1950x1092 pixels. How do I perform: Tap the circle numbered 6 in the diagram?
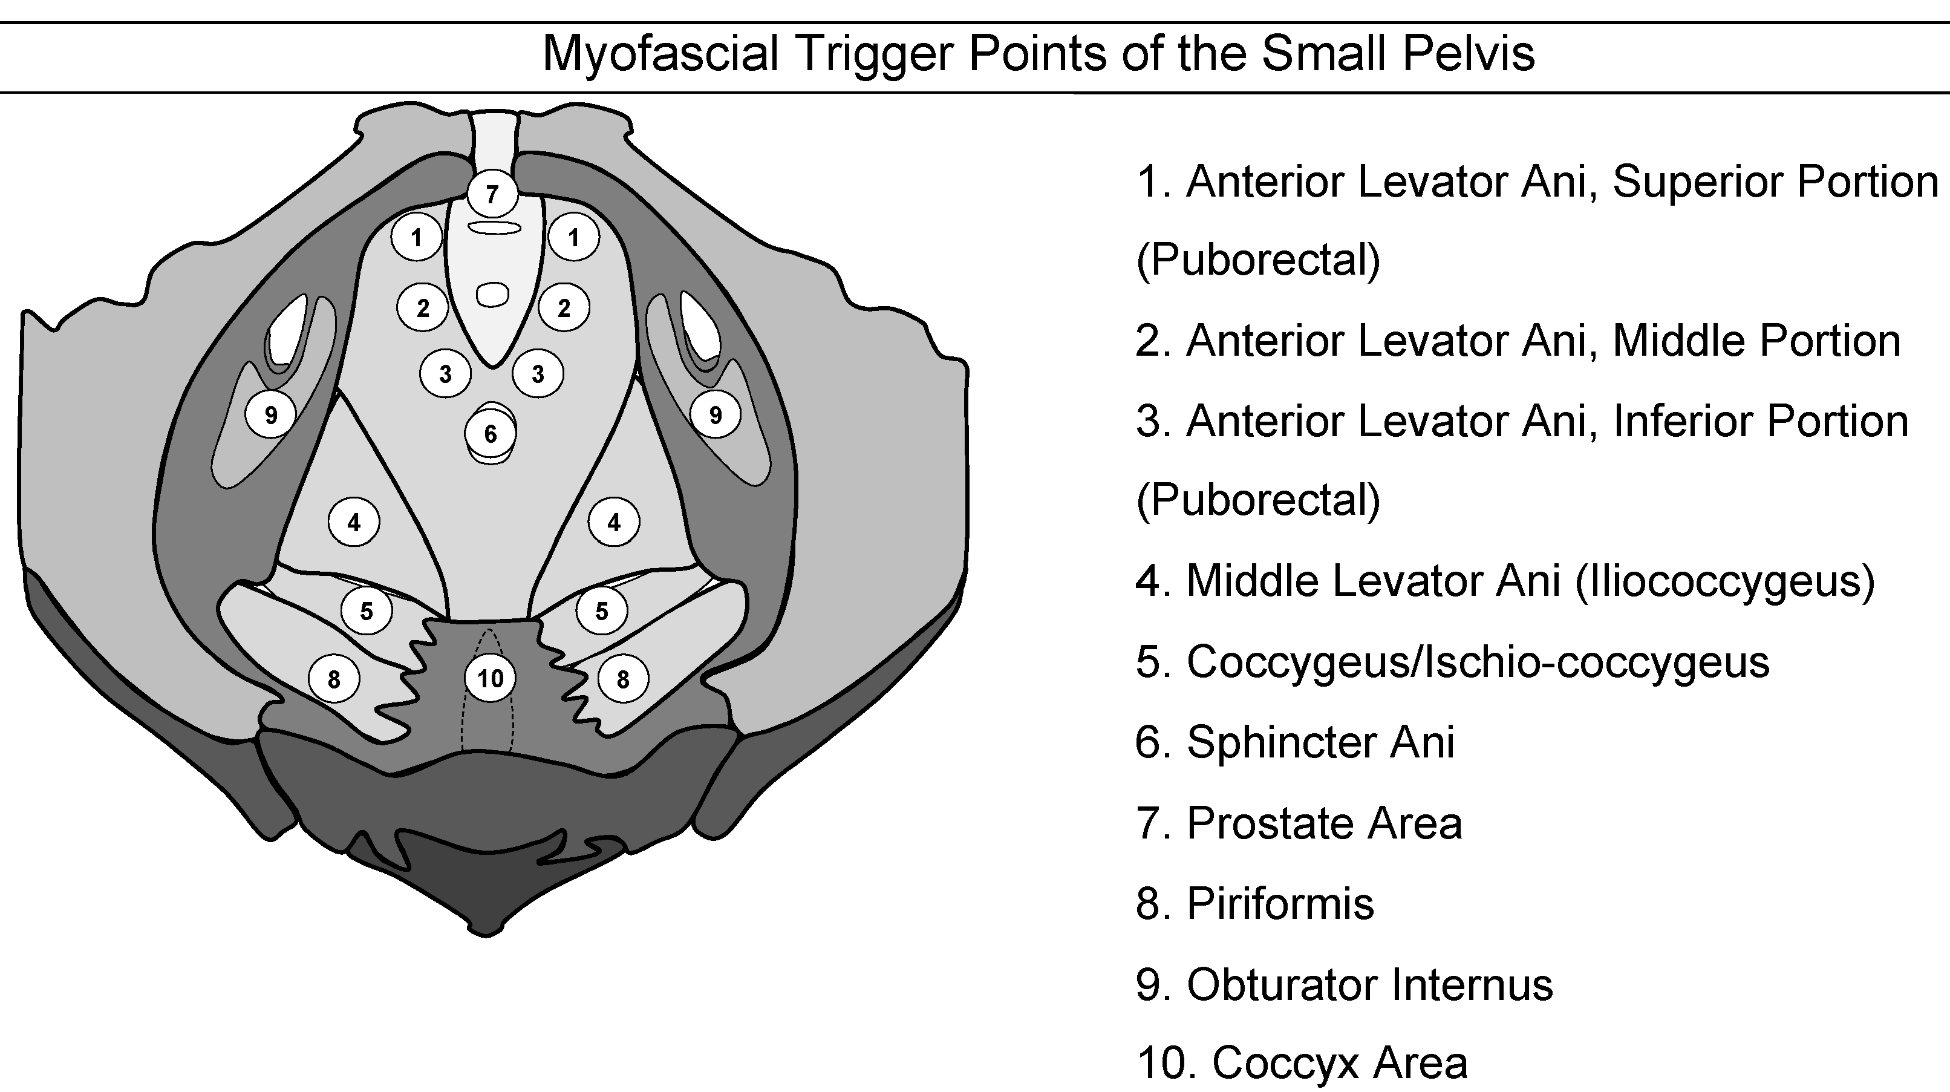[x=491, y=434]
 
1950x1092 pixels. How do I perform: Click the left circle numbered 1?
[x=416, y=238]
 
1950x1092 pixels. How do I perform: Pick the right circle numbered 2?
[x=564, y=307]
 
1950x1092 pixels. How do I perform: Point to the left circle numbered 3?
[x=446, y=373]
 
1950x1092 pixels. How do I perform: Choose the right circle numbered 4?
[x=614, y=521]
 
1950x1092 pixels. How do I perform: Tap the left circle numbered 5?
[x=367, y=610]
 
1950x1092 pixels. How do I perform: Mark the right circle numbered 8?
[x=623, y=679]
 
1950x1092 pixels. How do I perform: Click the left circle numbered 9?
[x=270, y=414]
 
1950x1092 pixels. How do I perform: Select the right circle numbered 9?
[x=716, y=414]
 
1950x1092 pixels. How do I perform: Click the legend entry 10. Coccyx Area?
[x=1302, y=1063]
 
